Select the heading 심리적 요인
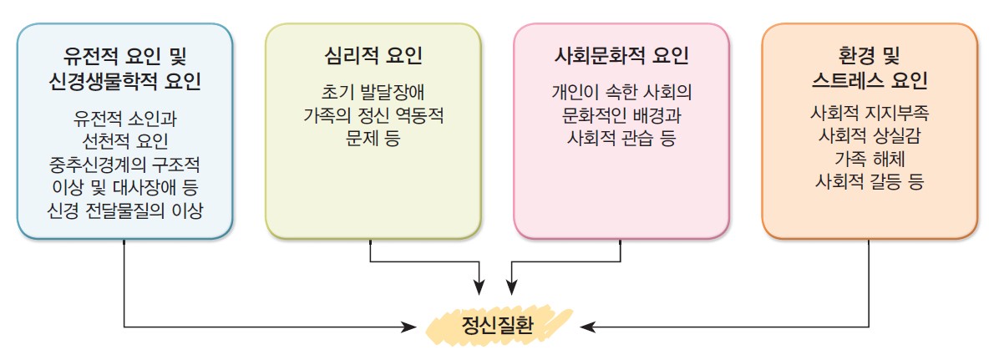click(373, 57)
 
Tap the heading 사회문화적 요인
click(621, 57)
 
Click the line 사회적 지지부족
click(869, 111)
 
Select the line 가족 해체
click(869, 158)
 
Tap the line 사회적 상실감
click(869, 134)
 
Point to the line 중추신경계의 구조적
click(124, 161)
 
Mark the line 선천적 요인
click(124, 137)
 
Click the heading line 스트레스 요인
click(869, 81)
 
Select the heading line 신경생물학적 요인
click(124, 81)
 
